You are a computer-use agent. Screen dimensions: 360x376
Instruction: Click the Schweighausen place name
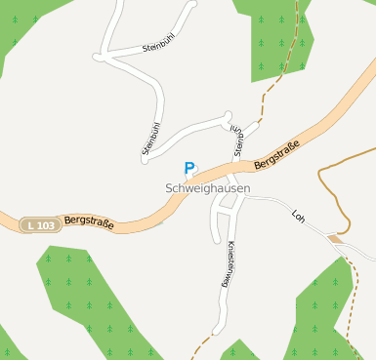[x=207, y=188]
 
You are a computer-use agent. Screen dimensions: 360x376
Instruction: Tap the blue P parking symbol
[x=189, y=169]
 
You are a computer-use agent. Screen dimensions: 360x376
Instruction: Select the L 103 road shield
[x=39, y=225]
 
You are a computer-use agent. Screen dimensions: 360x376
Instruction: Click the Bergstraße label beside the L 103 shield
[x=89, y=223]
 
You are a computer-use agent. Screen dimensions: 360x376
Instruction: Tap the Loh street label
[x=299, y=215]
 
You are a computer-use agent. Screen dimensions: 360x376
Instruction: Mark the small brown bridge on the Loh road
[x=336, y=238]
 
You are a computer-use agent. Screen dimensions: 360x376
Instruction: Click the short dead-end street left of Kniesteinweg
[x=214, y=225]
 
